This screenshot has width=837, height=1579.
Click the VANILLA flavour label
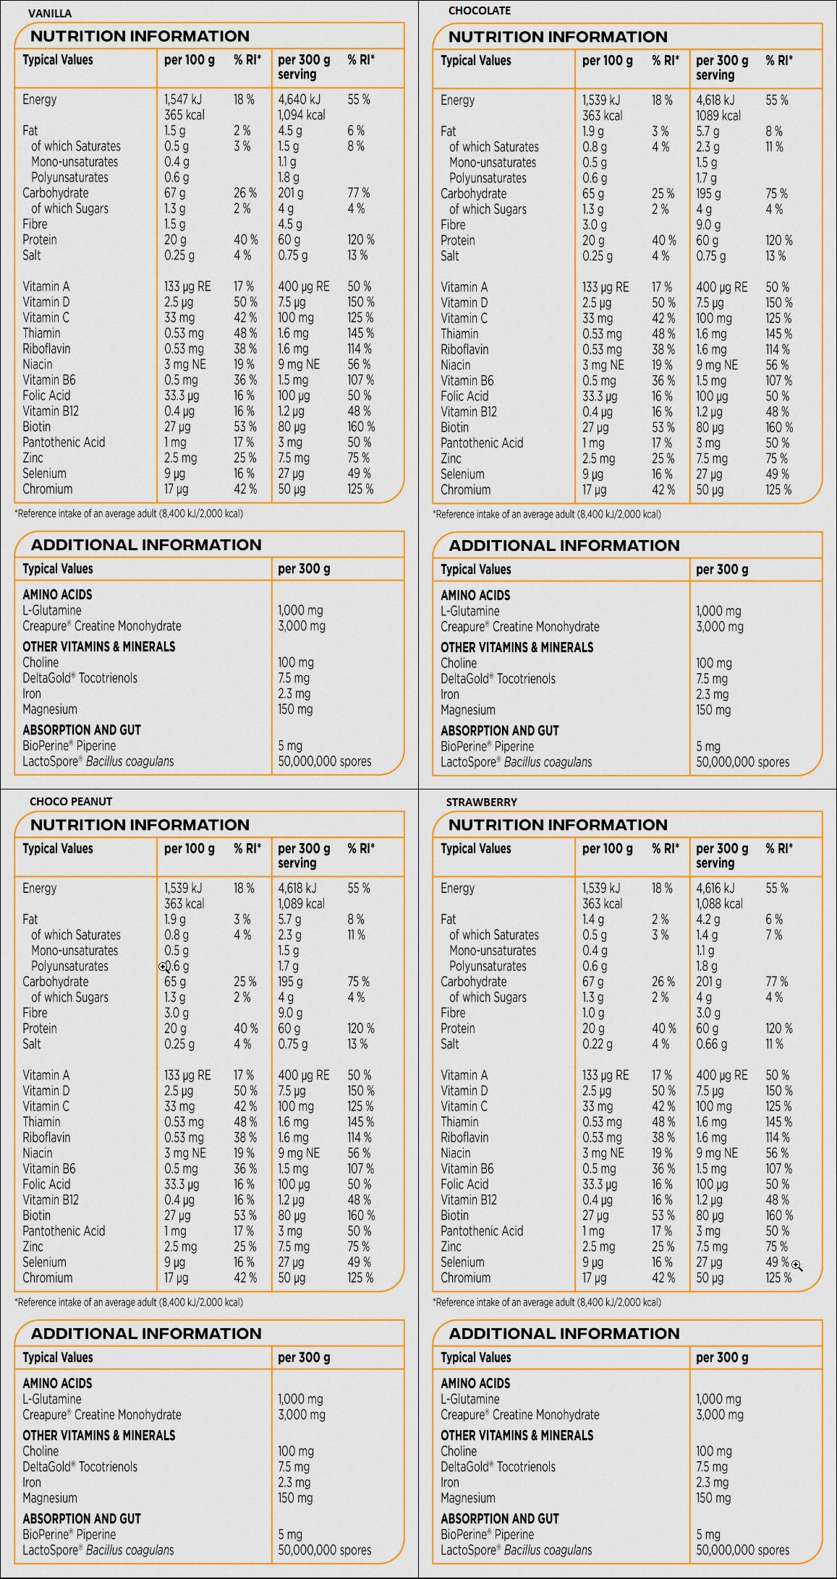click(x=50, y=13)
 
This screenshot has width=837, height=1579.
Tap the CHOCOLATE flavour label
click(x=479, y=11)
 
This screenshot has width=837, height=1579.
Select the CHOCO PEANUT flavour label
click(x=71, y=801)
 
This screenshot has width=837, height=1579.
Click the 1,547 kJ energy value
click(x=184, y=100)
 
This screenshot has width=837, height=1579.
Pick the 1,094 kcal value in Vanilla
click(x=302, y=115)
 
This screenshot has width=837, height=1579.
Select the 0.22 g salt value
click(x=598, y=1044)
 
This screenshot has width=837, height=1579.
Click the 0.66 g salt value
click(x=712, y=1044)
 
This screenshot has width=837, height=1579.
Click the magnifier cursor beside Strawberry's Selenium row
click(x=796, y=1265)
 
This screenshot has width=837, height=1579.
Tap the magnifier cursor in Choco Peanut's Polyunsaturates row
click(x=164, y=967)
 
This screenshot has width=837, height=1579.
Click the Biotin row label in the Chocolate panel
click(x=454, y=427)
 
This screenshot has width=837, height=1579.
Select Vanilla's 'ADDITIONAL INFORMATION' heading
click(x=146, y=545)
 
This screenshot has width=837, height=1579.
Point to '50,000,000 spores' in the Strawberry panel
click(x=742, y=1550)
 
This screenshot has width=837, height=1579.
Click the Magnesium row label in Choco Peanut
click(x=49, y=1498)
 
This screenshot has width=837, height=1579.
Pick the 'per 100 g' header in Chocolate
click(x=607, y=61)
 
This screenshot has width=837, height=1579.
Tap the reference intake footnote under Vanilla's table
click(x=129, y=514)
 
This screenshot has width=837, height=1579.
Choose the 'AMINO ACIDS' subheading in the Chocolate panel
click(x=475, y=596)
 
